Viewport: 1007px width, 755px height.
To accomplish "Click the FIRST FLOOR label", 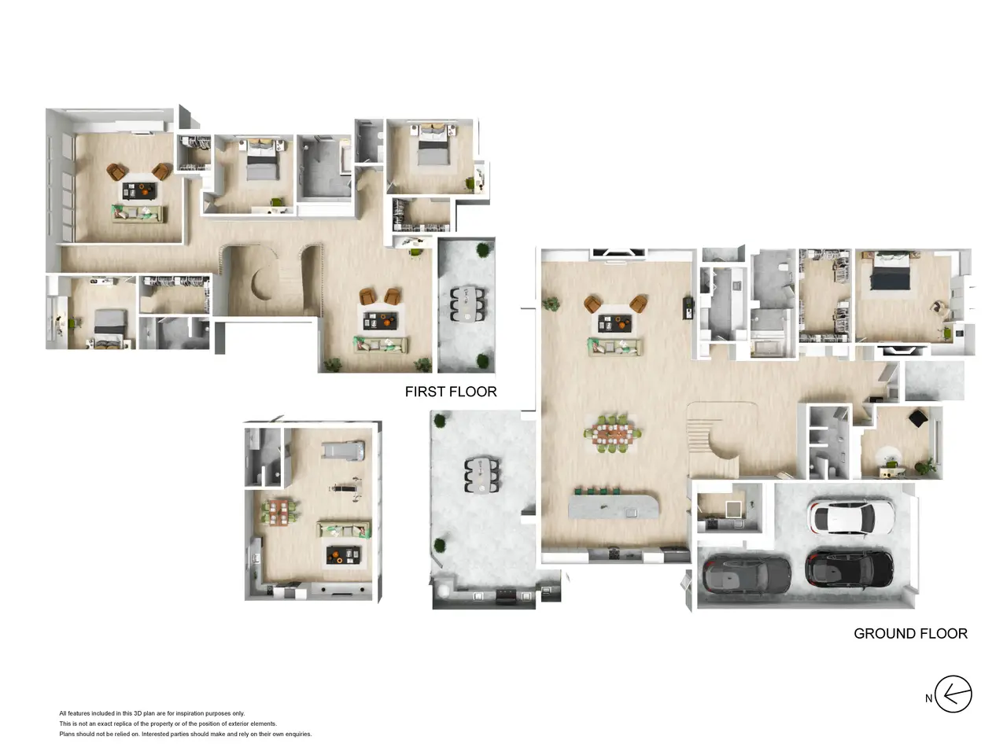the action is click(451, 392).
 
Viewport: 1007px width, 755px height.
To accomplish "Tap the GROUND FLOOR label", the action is click(910, 634).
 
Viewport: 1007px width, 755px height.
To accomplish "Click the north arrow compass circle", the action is click(953, 694).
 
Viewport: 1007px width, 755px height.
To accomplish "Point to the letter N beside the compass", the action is click(928, 698).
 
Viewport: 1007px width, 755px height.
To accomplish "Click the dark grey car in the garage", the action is click(747, 574).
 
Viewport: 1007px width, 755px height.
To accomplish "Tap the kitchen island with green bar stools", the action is click(614, 506).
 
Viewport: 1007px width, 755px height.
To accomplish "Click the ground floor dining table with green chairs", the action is click(612, 433).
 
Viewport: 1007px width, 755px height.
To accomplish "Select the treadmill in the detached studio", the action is click(343, 450).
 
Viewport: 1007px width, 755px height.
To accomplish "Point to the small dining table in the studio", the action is click(278, 513).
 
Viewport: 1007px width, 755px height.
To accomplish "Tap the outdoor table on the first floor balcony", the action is click(467, 304).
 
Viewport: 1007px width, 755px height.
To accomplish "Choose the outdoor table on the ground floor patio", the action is click(481, 475).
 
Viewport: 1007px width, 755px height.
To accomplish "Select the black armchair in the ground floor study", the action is click(919, 418).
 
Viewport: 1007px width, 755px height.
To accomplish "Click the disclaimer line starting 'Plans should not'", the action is click(186, 734).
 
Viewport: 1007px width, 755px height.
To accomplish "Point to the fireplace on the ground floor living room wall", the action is click(619, 253).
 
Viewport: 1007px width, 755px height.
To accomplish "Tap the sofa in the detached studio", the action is click(344, 529).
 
